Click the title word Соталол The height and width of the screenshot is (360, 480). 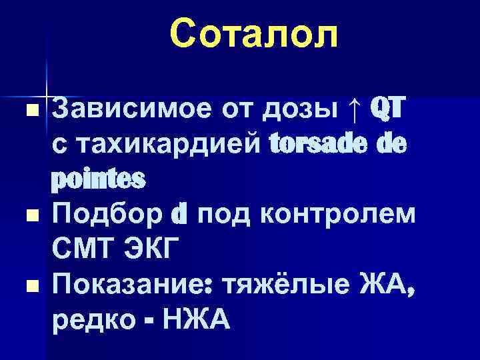pyautogui.click(x=253, y=34)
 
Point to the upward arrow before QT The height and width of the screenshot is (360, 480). pyautogui.click(x=354, y=107)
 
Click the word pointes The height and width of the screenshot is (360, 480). pyautogui.click(x=98, y=179)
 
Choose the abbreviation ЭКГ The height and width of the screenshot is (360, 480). pyautogui.click(x=151, y=251)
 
